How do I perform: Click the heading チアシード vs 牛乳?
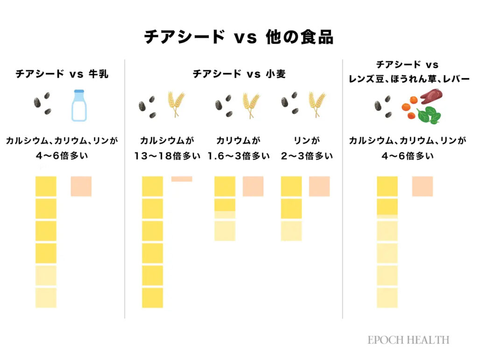[62, 74]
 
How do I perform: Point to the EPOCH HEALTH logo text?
[408, 340]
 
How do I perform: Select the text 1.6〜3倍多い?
[239, 156]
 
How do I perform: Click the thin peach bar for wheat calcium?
[182, 179]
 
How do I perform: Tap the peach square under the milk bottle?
[81, 186]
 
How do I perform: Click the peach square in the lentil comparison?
[422, 186]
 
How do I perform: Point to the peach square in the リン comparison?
[319, 186]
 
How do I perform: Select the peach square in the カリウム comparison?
[253, 186]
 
